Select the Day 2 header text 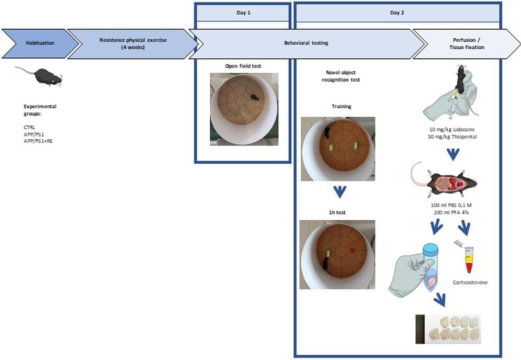(x=398, y=12)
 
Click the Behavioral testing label (x=307, y=43)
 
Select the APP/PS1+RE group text (x=38, y=141)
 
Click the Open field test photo (x=244, y=109)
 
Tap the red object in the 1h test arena (x=352, y=250)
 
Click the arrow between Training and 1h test (x=339, y=192)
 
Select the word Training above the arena (x=341, y=107)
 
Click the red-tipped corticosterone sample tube (x=469, y=260)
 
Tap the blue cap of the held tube (x=430, y=251)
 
